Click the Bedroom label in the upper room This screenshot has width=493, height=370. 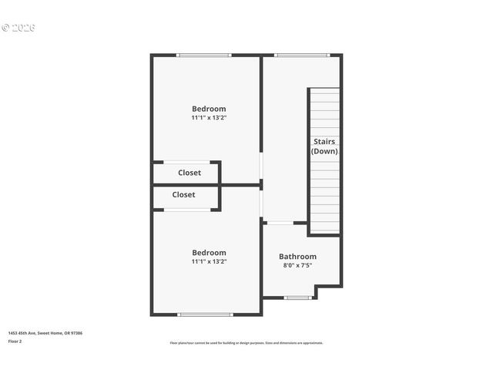pyautogui.click(x=209, y=109)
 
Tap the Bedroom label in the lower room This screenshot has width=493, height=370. pyautogui.click(x=209, y=252)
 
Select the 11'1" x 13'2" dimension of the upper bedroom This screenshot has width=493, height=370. pyautogui.click(x=209, y=118)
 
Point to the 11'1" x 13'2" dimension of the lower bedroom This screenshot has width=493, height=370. pyautogui.click(x=209, y=261)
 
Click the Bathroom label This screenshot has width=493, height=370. pyautogui.click(x=297, y=256)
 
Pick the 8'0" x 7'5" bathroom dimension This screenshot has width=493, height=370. pyautogui.click(x=297, y=265)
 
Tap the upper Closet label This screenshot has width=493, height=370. pyautogui.click(x=189, y=173)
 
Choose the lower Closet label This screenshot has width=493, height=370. pyautogui.click(x=183, y=195)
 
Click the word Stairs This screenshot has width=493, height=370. pyautogui.click(x=324, y=141)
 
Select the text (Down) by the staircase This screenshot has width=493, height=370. pyautogui.click(x=324, y=151)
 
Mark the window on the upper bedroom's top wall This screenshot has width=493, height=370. pyautogui.click(x=203, y=55)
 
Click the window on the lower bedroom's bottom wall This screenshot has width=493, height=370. pyautogui.click(x=205, y=314)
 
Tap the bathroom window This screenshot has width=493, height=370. pyautogui.click(x=297, y=298)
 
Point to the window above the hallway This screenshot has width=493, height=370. pyautogui.click(x=302, y=55)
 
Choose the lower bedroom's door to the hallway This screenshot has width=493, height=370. pyautogui.click(x=261, y=204)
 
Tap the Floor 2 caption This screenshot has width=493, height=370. pyautogui.click(x=15, y=341)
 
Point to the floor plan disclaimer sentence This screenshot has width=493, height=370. pyautogui.click(x=246, y=343)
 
